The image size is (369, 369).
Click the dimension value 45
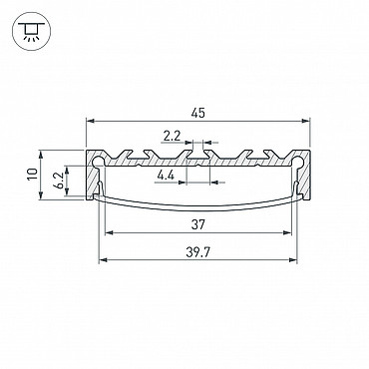pos(197,114)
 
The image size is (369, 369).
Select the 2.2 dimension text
pos(172,136)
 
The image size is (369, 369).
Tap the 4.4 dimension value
pos(166,176)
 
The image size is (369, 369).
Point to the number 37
pos(197,225)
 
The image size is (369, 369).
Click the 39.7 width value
pos(197,252)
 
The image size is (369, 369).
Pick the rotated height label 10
pos(33,175)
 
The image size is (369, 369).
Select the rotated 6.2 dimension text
pos(59,181)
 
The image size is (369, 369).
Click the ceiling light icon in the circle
pos(31,31)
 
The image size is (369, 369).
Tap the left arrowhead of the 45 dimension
pos(90,122)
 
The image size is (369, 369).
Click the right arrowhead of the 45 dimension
pos(305,122)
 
